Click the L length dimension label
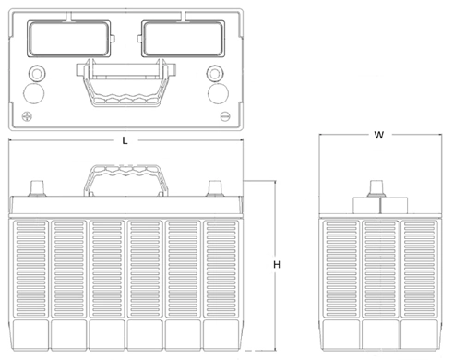pos(125,140)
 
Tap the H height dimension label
pos(277,265)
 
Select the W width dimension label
pos(378,135)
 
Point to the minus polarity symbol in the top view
pos(225,117)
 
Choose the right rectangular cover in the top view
pos(182,38)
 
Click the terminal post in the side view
pos(376,187)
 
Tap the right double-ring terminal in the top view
pos(216,73)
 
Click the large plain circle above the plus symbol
pos(33,93)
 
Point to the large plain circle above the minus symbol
pos(219,93)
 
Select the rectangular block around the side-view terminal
pos(376,206)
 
